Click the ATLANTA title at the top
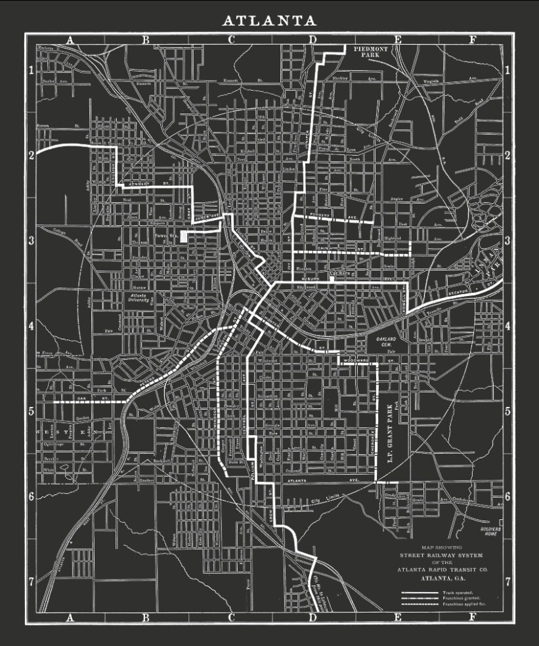click(x=269, y=21)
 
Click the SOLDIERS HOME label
click(x=490, y=531)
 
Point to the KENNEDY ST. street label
click(x=144, y=184)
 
